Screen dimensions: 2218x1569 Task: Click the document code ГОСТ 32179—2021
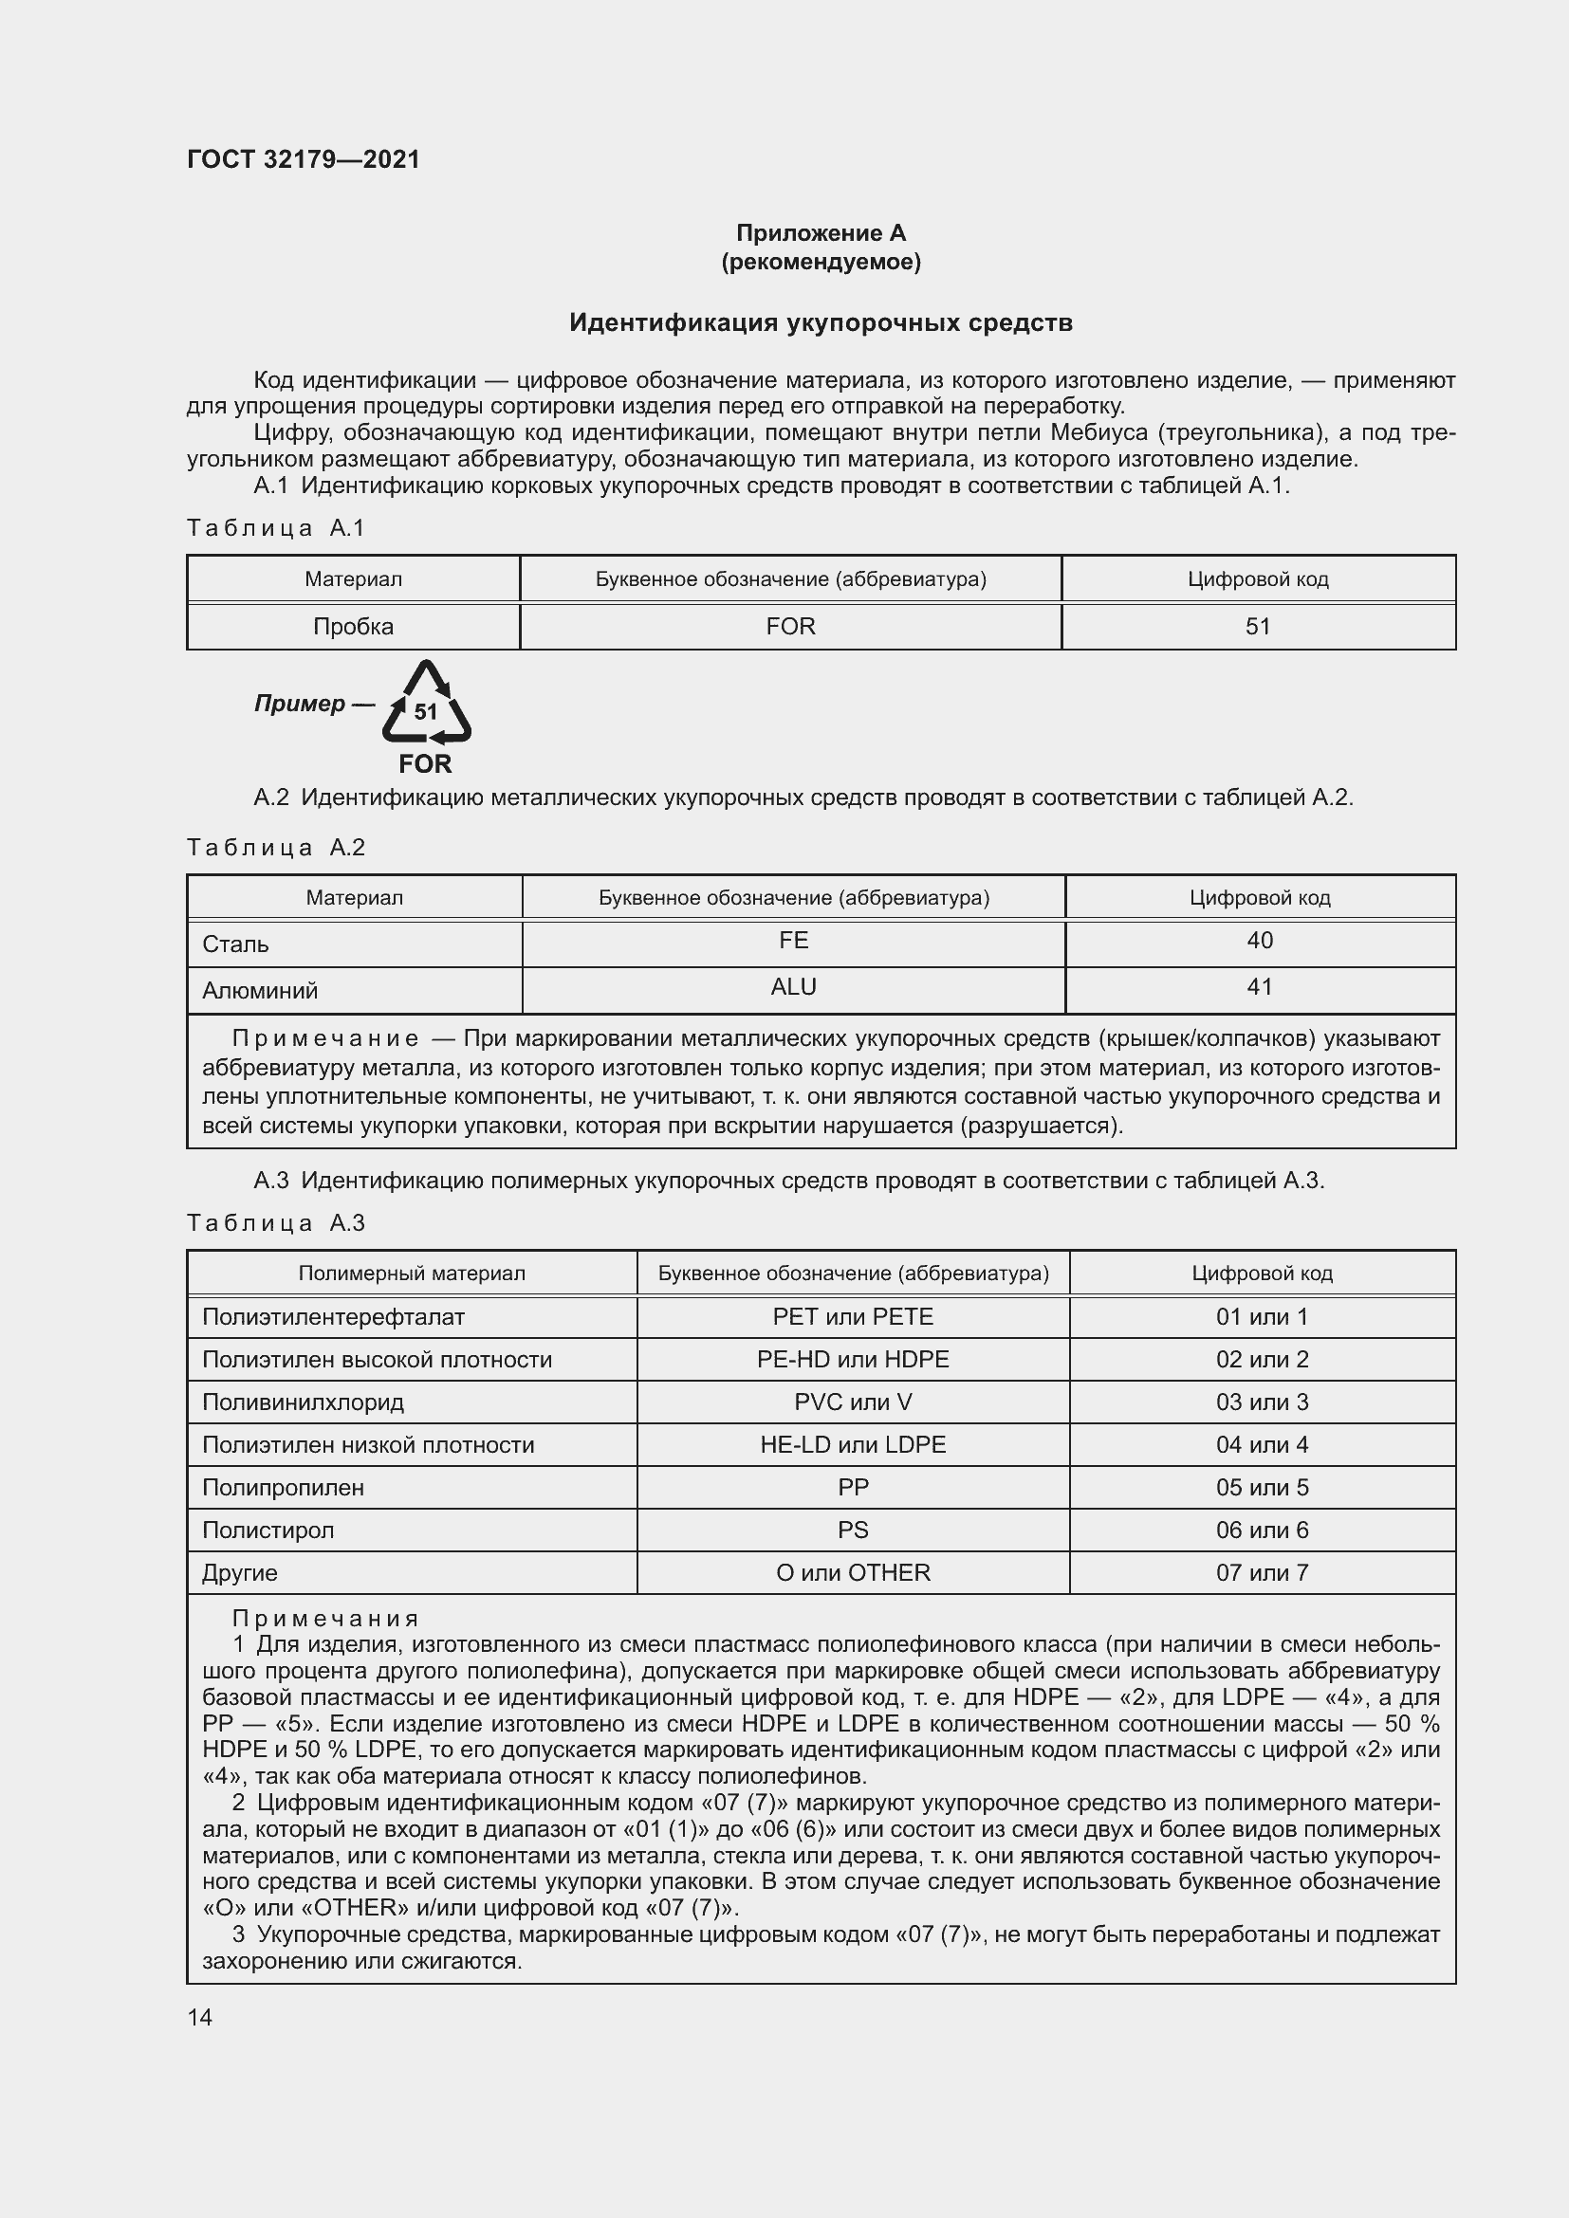pyautogui.click(x=304, y=159)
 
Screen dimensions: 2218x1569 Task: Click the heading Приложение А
pyautogui.click(x=821, y=233)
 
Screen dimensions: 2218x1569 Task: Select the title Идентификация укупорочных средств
pyautogui.click(x=821, y=322)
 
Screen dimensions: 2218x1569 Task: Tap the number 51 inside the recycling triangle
pyautogui.click(x=426, y=712)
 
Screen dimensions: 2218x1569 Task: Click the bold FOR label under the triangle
pyautogui.click(x=425, y=764)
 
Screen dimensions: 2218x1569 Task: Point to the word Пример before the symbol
pyautogui.click(x=300, y=704)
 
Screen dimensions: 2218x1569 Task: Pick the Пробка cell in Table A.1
pyautogui.click(x=354, y=626)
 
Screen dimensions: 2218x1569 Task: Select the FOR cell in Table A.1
pyautogui.click(x=790, y=626)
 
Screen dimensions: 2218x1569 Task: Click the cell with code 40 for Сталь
pyautogui.click(x=1260, y=940)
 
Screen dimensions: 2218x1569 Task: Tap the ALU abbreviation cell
pyautogui.click(x=793, y=986)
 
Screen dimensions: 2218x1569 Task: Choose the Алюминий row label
pyautogui.click(x=260, y=990)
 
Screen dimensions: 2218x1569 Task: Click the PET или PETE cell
pyautogui.click(x=853, y=1317)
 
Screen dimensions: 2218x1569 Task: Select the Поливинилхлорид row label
pyautogui.click(x=304, y=1402)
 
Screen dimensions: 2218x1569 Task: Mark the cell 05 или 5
pyautogui.click(x=1262, y=1487)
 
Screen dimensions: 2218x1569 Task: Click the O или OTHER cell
pyautogui.click(x=853, y=1571)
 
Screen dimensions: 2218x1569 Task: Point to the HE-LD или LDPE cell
pyautogui.click(x=853, y=1444)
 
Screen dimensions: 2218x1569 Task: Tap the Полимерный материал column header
pyautogui.click(x=412, y=1274)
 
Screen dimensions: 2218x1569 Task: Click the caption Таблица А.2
pyautogui.click(x=276, y=847)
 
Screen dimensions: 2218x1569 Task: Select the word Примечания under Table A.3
pyautogui.click(x=325, y=1618)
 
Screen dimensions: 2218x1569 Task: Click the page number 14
pyautogui.click(x=200, y=2017)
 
